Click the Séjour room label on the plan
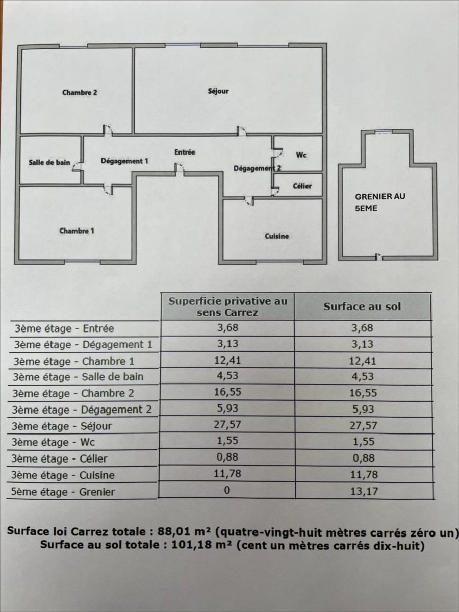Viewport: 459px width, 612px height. tap(218, 91)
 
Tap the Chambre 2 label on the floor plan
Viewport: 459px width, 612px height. tap(80, 93)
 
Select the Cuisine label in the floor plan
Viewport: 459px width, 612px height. tap(277, 236)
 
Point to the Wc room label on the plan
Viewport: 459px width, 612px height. tap(301, 155)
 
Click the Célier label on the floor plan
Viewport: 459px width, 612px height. tap(302, 186)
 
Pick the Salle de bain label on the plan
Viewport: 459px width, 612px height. tap(49, 162)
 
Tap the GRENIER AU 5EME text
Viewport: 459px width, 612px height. tap(380, 202)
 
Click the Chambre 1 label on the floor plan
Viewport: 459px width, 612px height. tap(76, 231)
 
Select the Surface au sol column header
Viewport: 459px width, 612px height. tap(362, 307)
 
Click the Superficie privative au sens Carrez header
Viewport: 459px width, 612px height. tap(227, 307)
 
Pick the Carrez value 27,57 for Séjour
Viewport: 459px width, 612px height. tap(227, 425)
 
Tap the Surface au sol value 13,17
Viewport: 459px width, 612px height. tap(364, 491)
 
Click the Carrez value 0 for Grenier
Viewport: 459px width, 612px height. tap(227, 490)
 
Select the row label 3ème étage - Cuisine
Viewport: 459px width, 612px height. tap(63, 475)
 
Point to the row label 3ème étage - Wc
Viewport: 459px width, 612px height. tap(53, 442)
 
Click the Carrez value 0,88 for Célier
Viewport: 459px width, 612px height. tap(227, 457)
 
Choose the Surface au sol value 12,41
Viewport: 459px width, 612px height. tap(363, 361)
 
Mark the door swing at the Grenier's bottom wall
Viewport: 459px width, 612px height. tap(378, 257)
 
